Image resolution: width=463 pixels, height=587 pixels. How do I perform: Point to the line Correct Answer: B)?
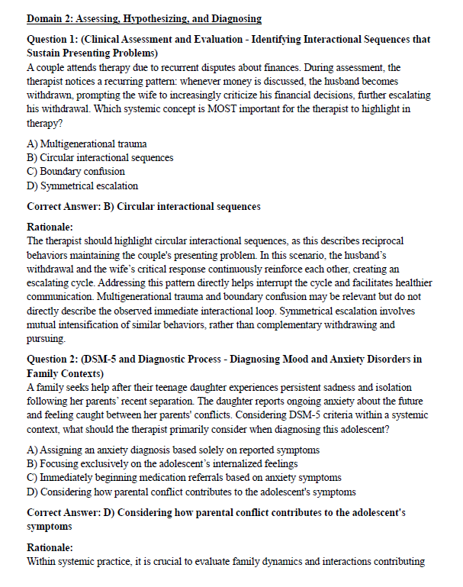[143, 206]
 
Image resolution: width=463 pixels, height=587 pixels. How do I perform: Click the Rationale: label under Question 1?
[50, 227]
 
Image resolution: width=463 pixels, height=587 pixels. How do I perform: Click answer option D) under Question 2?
[191, 492]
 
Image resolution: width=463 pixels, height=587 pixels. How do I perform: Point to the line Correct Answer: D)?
[216, 513]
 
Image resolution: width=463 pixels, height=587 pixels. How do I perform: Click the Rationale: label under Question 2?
[50, 548]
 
